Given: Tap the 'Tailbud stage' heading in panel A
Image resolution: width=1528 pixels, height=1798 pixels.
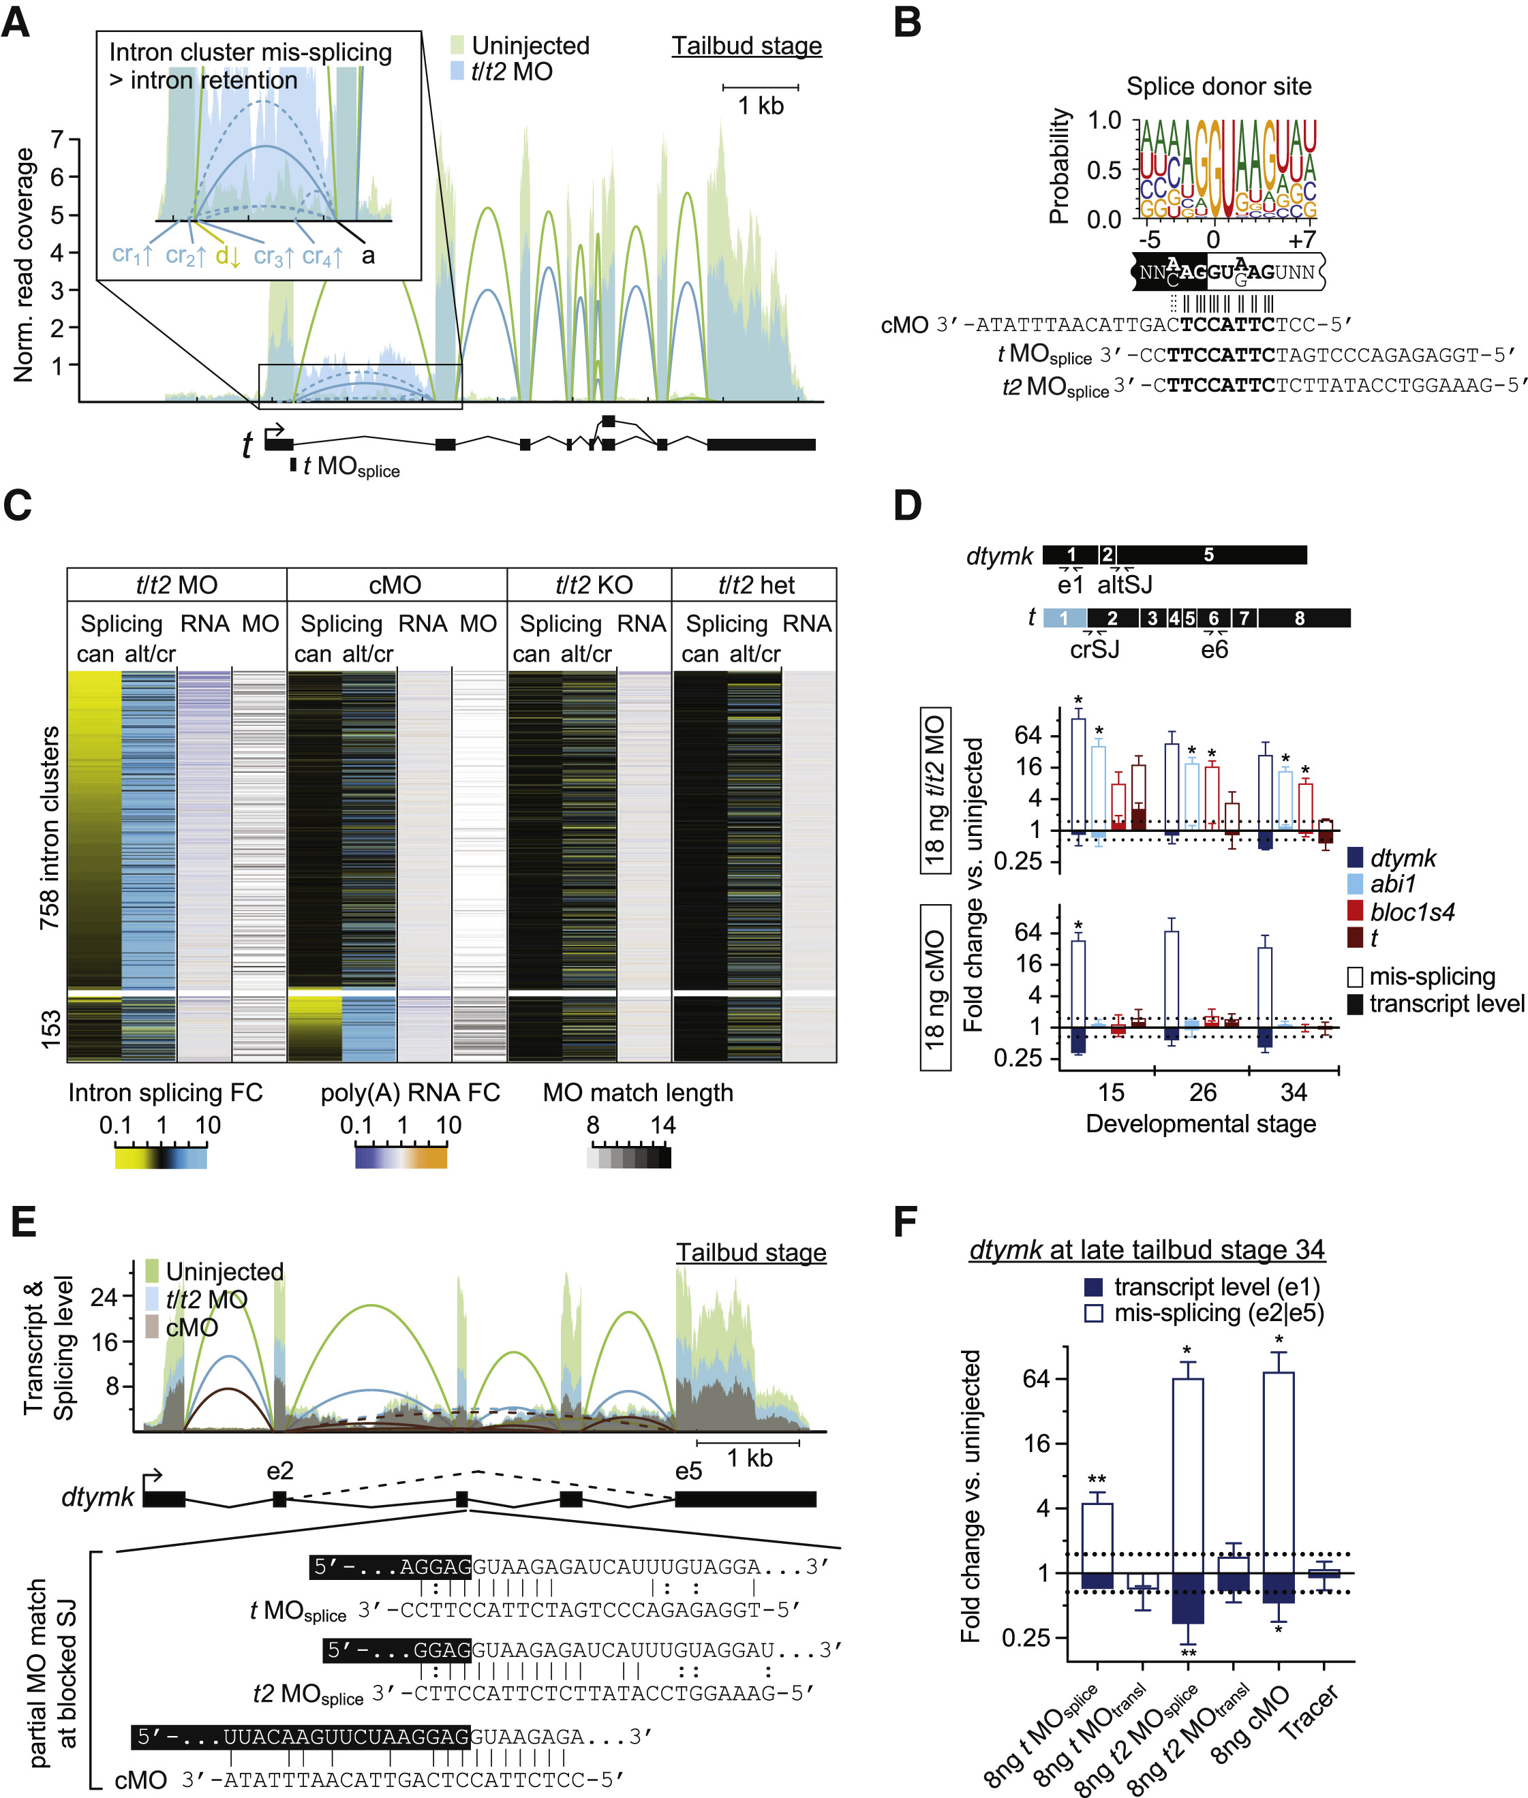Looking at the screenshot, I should coord(747,46).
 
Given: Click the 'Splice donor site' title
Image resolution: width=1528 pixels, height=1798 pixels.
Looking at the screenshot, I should coord(1218,87).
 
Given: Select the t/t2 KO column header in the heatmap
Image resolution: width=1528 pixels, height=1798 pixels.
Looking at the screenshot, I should coord(594,585).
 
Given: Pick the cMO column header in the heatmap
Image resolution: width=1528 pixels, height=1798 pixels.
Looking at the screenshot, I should coord(395,585).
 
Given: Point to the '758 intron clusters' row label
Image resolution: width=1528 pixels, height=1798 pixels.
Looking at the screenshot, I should coord(50,827).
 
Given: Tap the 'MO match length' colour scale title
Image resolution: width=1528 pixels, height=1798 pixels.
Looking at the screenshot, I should coord(637,1093).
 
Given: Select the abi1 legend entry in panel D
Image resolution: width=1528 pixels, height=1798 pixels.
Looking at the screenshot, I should coord(1393,884).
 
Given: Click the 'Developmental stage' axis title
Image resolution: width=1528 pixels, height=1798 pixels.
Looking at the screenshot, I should coord(1201,1124).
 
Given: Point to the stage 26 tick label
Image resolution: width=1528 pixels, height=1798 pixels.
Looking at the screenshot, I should coord(1202,1093).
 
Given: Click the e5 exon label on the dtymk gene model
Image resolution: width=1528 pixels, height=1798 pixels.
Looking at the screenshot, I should coord(688,1472).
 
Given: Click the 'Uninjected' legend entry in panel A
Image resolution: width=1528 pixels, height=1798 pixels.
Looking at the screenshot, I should coord(530,46).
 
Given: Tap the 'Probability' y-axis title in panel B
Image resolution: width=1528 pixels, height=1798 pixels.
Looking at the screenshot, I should coord(1059,166).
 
